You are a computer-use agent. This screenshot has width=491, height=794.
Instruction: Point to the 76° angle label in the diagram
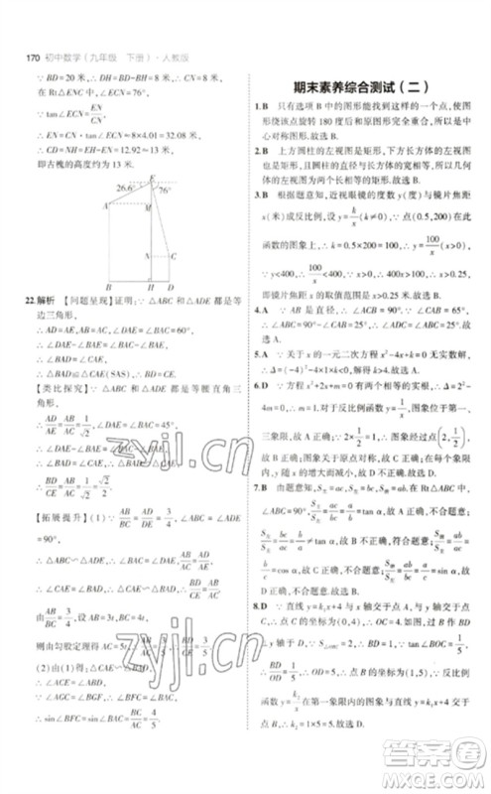[164, 192]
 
